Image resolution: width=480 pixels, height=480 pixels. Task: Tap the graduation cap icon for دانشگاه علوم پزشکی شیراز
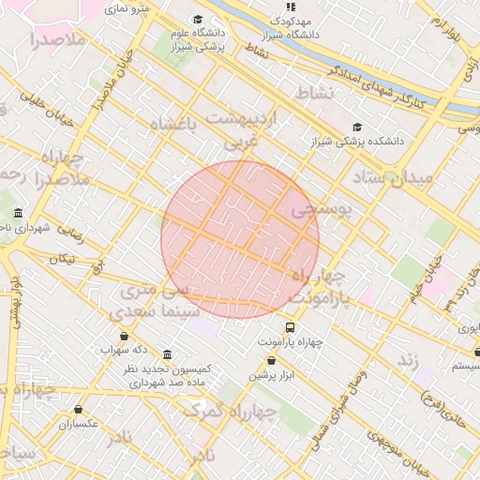tap(197, 20)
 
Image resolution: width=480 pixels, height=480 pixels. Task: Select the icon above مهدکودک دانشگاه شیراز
tap(290, 7)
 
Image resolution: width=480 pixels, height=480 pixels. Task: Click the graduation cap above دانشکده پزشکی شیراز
tap(356, 127)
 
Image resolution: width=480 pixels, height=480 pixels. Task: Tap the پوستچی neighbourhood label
tap(320, 211)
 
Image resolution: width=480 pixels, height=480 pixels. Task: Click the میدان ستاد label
tap(393, 177)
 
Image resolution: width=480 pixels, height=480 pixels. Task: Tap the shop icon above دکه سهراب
tap(124, 336)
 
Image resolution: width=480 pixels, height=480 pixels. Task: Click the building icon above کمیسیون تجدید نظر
tap(167, 355)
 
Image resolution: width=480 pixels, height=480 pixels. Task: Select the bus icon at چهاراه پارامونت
tap(290, 328)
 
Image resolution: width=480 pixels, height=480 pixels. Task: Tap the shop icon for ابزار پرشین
tap(272, 361)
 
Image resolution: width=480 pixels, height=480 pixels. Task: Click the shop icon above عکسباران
tap(78, 410)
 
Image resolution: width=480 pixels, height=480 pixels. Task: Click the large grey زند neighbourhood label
tap(407, 361)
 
